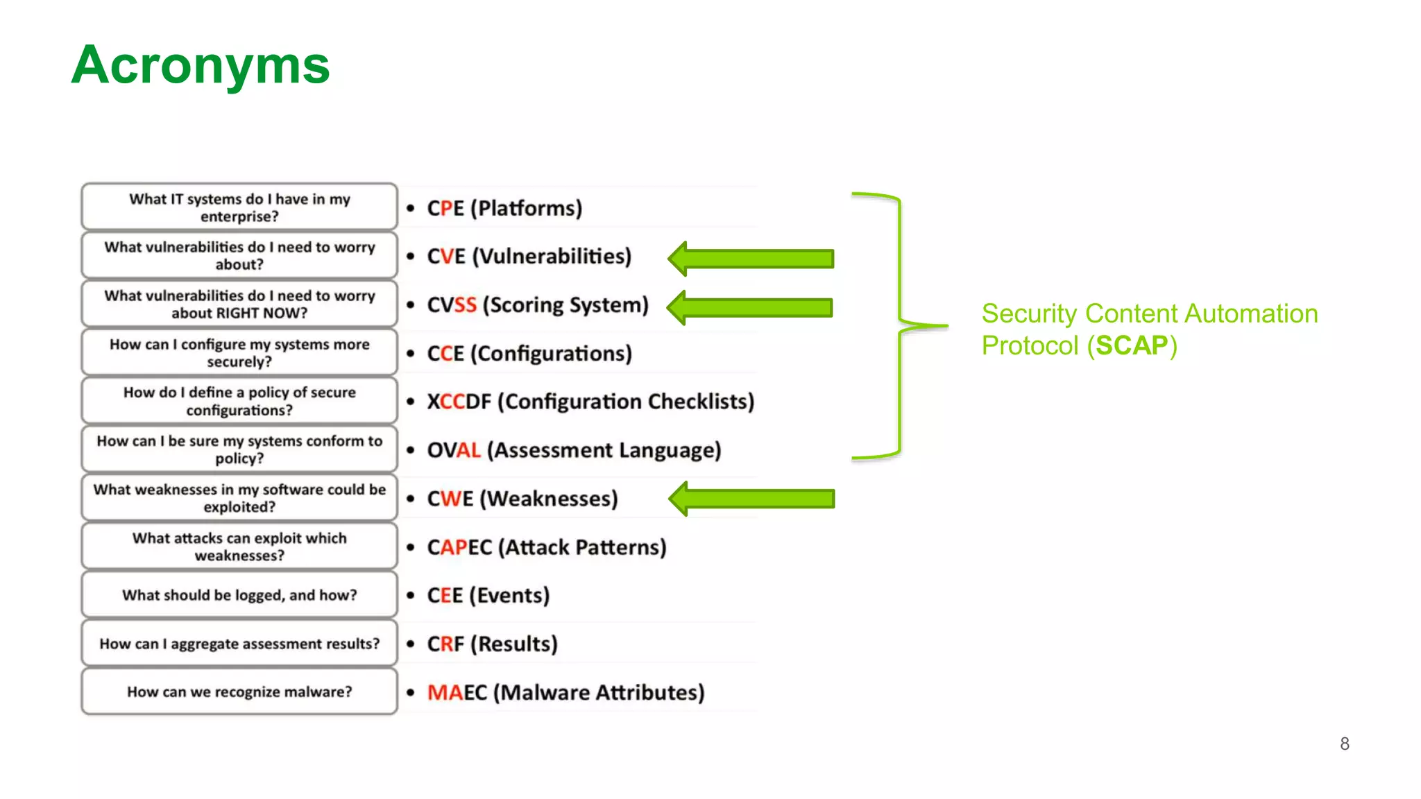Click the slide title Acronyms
point(201,65)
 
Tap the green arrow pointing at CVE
point(751,259)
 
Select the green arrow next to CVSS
point(750,307)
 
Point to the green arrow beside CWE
point(751,499)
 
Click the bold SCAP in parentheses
point(1132,345)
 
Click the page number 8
point(1344,744)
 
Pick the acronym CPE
point(445,208)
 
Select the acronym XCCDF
point(459,402)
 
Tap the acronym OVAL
point(453,450)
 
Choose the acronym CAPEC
point(459,547)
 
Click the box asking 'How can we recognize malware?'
point(239,691)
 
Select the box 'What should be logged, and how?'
point(239,595)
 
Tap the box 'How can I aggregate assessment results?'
point(239,644)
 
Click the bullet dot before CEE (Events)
point(411,595)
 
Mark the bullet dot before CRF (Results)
point(411,644)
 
